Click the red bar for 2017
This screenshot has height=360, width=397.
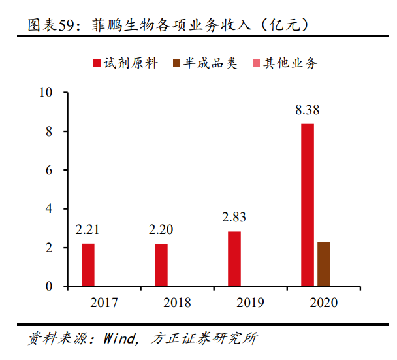[88, 265]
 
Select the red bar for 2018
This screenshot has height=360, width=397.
[161, 265]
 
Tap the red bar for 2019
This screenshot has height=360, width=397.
[234, 259]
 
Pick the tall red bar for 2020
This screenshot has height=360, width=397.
[308, 205]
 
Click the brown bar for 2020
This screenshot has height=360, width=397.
[323, 264]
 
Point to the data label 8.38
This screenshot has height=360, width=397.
[308, 110]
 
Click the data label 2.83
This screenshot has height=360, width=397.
[234, 218]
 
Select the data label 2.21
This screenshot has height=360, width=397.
[88, 229]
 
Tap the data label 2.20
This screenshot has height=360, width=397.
[161, 229]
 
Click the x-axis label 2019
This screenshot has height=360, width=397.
[234, 303]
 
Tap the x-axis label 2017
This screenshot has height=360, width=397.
[88, 303]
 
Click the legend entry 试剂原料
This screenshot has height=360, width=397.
[129, 63]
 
